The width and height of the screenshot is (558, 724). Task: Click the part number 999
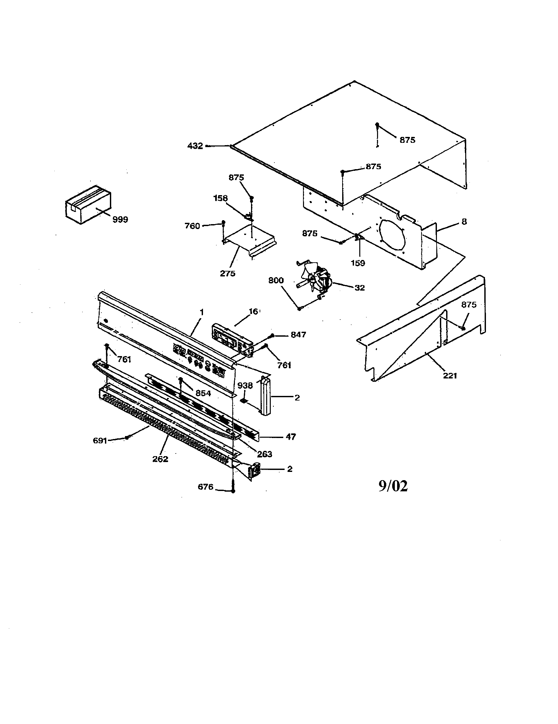point(120,220)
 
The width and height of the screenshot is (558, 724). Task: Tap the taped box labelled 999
point(88,205)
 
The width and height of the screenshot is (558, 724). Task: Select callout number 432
point(195,146)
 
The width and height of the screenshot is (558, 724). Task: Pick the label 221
point(450,375)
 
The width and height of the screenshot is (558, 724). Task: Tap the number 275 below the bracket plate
point(228,273)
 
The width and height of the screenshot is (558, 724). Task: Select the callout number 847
point(298,335)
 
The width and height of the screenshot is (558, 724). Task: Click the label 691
point(100,441)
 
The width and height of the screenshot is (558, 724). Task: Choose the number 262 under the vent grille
point(160,459)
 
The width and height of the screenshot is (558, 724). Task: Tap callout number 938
point(245,386)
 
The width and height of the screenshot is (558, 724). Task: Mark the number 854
point(203,393)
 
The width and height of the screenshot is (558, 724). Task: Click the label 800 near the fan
point(276,280)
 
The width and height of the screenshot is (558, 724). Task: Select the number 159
point(358,263)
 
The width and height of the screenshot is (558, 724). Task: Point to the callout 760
point(192,226)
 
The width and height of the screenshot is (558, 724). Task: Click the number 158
point(220,198)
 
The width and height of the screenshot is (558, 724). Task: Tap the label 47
point(291,437)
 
